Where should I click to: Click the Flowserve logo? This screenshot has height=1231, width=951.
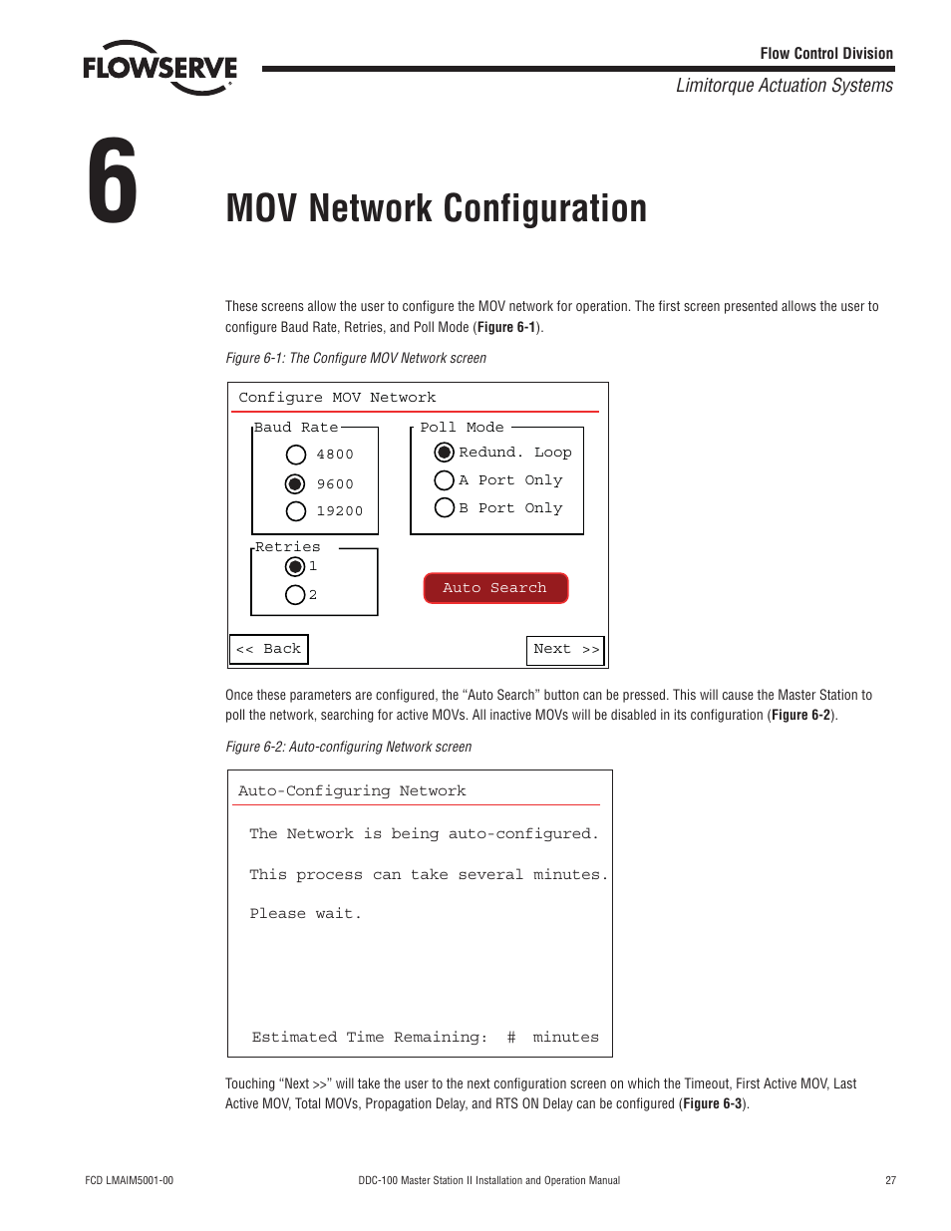[159, 68]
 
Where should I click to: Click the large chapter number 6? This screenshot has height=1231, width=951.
[113, 182]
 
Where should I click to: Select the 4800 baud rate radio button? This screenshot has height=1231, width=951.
[296, 455]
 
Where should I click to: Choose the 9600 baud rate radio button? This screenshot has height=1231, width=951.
[295, 484]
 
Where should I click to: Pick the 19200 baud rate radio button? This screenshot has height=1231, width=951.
[296, 511]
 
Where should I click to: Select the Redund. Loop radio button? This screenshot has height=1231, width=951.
[445, 453]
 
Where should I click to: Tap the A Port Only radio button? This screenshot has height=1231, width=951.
[445, 480]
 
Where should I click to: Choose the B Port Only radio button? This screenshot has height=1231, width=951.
[445, 508]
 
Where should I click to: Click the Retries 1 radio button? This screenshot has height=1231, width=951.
[295, 567]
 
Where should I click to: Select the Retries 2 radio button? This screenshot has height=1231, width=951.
[295, 595]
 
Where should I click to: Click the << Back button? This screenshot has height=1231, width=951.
[269, 649]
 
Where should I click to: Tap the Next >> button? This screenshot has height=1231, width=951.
[565, 650]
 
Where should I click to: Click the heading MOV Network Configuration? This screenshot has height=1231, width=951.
[436, 208]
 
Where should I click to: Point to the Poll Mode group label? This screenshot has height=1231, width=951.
[462, 428]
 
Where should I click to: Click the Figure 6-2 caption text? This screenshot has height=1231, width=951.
[348, 747]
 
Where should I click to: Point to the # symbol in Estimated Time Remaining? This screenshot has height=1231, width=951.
[511, 1038]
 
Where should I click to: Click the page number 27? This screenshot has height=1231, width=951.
[890, 1180]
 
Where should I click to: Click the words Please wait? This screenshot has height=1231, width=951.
[305, 914]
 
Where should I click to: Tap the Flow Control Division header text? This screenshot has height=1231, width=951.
[826, 54]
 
